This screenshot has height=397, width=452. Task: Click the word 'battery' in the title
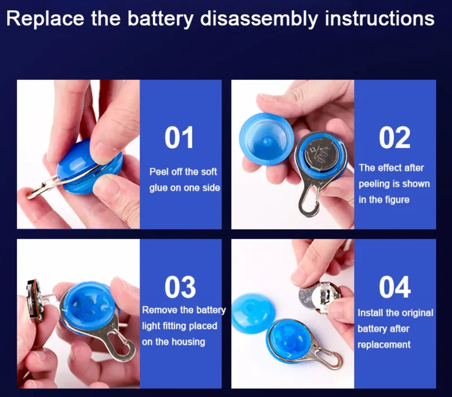160,19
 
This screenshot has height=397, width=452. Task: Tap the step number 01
179,138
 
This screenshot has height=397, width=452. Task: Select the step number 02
395,138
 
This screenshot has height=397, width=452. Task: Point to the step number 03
180,287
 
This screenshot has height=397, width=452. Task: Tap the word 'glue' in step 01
158,188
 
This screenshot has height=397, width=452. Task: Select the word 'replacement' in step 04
384,345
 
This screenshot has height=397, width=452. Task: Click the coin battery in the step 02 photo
321,154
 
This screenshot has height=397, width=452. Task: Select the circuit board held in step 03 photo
35,300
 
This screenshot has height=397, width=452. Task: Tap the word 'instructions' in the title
379,19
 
